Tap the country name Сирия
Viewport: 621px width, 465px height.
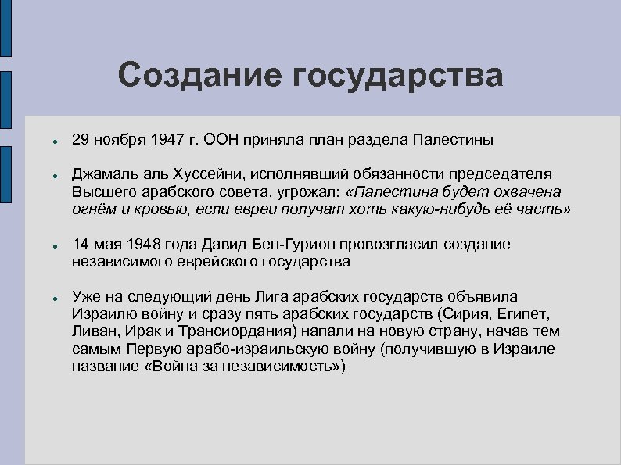tap(466, 314)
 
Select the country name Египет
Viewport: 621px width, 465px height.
tap(524, 314)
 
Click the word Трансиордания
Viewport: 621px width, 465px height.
tap(217, 331)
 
